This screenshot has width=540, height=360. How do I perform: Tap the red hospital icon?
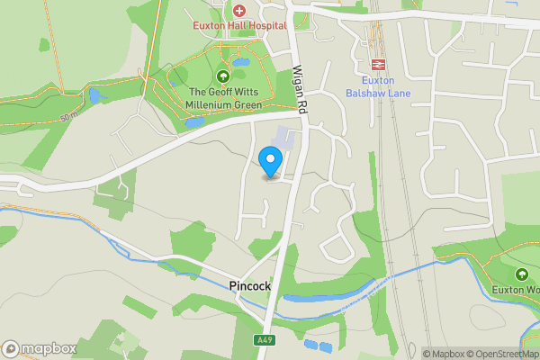[239, 11]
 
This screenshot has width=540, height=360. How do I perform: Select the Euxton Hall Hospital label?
[239, 26]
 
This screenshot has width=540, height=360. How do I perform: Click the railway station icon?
[378, 64]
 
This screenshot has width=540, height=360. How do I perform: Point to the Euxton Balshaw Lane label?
[378, 86]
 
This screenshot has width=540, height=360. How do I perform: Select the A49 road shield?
[264, 340]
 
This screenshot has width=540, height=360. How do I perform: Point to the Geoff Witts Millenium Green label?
[224, 99]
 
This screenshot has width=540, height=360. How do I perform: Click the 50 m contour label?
[68, 118]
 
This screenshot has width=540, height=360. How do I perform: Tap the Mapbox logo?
[39, 349]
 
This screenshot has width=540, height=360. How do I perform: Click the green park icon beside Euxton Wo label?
[521, 274]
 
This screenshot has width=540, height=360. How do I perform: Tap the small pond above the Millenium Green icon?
[239, 63]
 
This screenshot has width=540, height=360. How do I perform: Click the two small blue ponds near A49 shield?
[318, 345]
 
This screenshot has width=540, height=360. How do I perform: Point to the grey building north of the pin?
[283, 139]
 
